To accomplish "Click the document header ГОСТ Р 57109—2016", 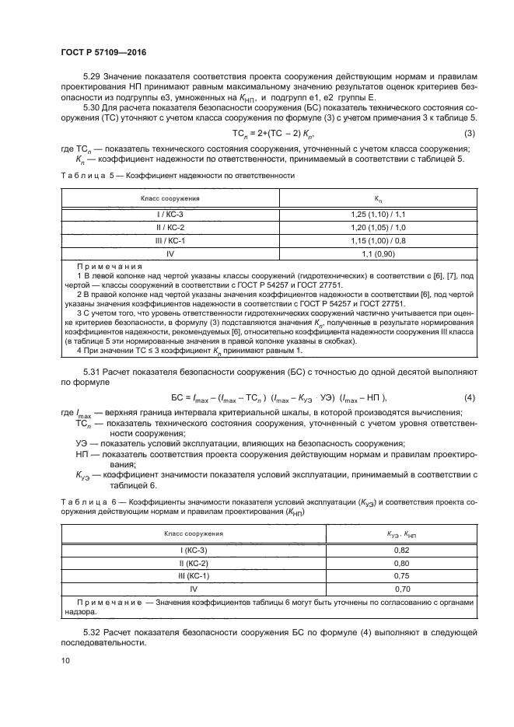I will [103, 52].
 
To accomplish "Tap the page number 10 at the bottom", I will [65, 660].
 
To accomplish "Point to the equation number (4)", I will [469, 398].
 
